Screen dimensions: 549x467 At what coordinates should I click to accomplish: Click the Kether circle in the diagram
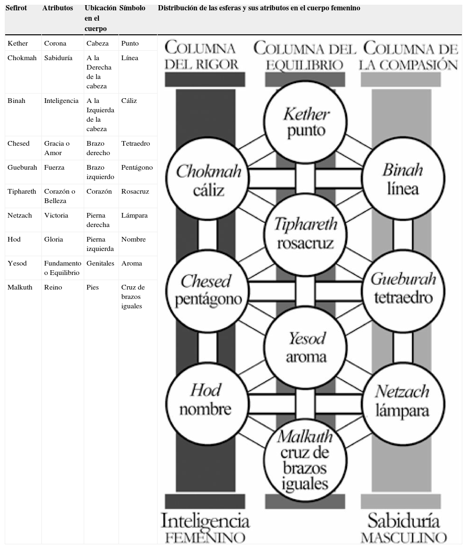pyautogui.click(x=306, y=122)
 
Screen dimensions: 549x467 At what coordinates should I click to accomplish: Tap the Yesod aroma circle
pyautogui.click(x=306, y=347)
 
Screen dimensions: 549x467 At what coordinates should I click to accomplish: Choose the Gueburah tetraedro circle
pyautogui.click(x=403, y=288)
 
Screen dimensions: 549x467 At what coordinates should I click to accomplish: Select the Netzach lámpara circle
pyautogui.click(x=403, y=400)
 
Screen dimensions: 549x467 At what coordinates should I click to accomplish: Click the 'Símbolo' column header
pyautogui.click(x=133, y=8)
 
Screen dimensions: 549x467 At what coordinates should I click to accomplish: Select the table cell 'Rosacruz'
pyautogui.click(x=135, y=191)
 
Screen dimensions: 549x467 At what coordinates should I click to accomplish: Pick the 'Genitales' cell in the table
pyautogui.click(x=100, y=263)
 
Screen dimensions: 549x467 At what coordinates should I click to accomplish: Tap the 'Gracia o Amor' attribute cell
pyautogui.click(x=57, y=148)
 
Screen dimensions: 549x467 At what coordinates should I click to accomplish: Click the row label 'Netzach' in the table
pyautogui.click(x=20, y=215)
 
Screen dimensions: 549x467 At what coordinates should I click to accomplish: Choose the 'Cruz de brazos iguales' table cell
pyautogui.click(x=133, y=297)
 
